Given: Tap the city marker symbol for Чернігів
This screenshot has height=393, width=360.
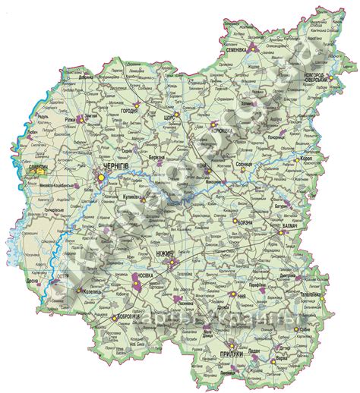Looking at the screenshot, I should (x=98, y=177).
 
